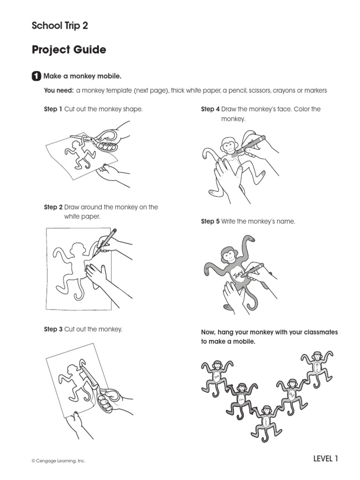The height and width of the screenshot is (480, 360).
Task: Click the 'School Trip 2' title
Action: [x=60, y=26]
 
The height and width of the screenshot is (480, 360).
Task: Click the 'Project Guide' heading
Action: [x=69, y=50]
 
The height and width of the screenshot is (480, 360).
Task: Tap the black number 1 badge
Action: [x=36, y=76]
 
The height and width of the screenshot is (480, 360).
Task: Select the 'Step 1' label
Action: [x=53, y=109]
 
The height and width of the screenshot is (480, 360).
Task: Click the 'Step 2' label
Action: [x=53, y=207]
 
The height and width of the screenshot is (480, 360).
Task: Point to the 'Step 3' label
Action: [x=53, y=330]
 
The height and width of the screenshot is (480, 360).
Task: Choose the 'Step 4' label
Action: [x=210, y=109]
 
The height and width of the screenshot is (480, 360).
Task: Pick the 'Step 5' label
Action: [x=210, y=221]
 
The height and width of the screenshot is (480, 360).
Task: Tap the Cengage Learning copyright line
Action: [x=59, y=461]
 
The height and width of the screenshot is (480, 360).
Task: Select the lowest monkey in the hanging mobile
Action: [x=266, y=420]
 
